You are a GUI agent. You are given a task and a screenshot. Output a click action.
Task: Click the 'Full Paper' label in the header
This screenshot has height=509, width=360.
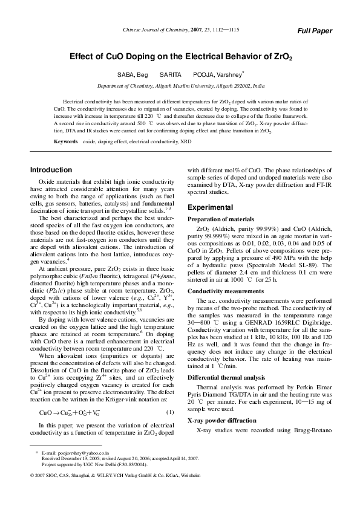pyautogui.click(x=315, y=31)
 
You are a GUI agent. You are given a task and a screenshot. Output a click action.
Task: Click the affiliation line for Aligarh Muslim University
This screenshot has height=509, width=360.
pyautogui.click(x=181, y=86)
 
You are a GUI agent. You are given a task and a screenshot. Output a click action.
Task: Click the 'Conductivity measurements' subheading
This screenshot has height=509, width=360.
pyautogui.click(x=224, y=290)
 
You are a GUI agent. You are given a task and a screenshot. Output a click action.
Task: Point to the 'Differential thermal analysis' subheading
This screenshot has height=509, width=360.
pyautogui.click(x=227, y=377)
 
